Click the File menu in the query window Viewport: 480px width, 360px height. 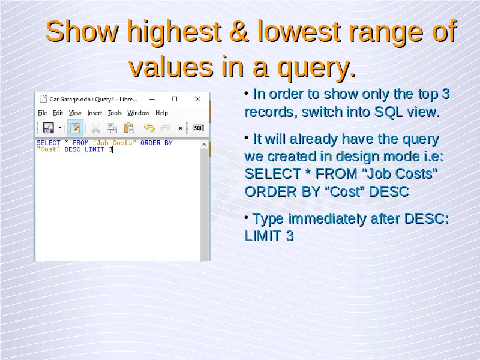[43, 113]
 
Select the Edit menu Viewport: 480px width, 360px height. [58, 113]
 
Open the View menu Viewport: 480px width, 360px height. [75, 113]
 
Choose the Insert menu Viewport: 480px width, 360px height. [95, 113]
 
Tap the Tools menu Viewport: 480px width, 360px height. [115, 113]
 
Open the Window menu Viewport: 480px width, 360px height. [139, 113]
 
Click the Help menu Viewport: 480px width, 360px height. [161, 113]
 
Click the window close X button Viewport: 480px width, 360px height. [197, 99]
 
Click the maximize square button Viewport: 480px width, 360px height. [175, 99]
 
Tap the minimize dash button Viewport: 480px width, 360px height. [152, 99]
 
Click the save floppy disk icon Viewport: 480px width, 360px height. [49, 128]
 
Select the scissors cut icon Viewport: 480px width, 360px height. [95, 128]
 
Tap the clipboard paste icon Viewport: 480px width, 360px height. [129, 128]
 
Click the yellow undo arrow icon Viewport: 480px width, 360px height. [149, 128]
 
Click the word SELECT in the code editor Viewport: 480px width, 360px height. [49, 143]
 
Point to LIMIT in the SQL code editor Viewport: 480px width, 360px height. [95, 149]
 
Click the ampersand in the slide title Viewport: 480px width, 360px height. [238, 31]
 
